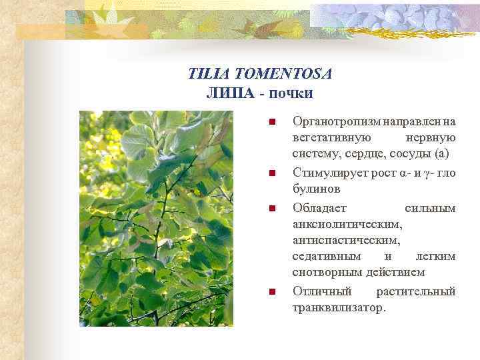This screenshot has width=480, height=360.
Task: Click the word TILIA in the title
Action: [x=207, y=73]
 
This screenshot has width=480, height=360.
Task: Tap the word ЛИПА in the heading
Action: [x=230, y=92]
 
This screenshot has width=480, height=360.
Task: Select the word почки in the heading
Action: [x=291, y=92]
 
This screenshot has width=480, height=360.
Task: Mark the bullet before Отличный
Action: [x=272, y=291]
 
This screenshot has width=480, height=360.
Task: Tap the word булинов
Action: [x=315, y=190]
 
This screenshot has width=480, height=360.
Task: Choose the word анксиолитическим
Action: [x=347, y=225]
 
